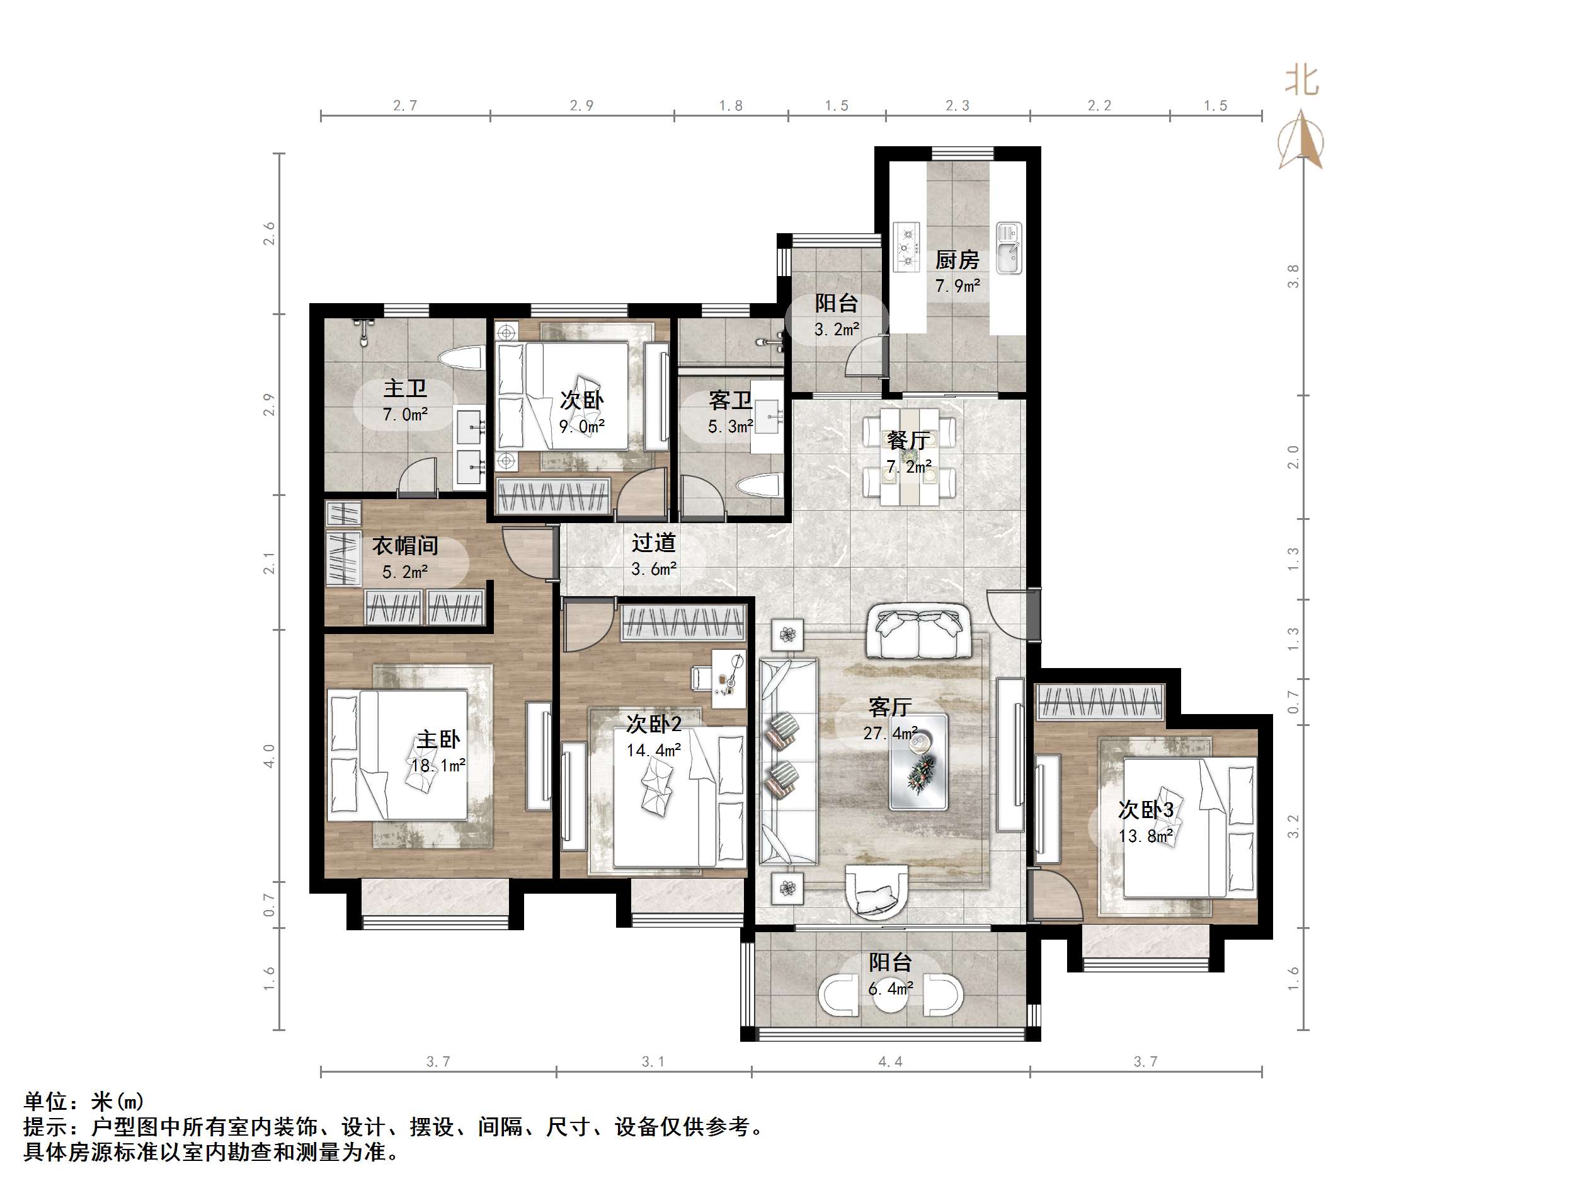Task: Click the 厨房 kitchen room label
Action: [x=957, y=259]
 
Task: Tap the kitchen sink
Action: [x=1009, y=248]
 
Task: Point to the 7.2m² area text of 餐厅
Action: [x=909, y=467]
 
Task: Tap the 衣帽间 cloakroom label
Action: [x=404, y=546]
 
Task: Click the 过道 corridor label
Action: [x=653, y=543]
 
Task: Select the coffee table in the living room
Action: [x=919, y=762]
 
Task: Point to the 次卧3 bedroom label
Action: [x=1146, y=810]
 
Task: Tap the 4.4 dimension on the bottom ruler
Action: [x=890, y=1061]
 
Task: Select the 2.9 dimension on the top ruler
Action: [x=581, y=105]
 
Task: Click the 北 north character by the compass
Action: [x=1301, y=80]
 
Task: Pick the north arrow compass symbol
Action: [x=1301, y=141]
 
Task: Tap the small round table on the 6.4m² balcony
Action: [x=891, y=996]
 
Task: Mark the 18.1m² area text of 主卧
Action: [x=438, y=766]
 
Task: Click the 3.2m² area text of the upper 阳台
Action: [x=837, y=330]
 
